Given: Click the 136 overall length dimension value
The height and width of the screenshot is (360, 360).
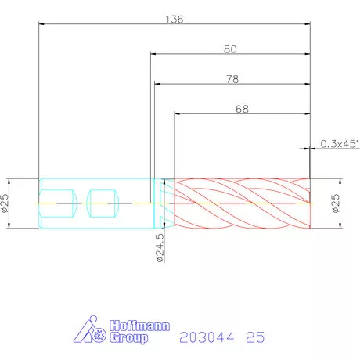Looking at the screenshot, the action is [175, 19].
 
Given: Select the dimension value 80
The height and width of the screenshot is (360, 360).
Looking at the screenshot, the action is [230, 49].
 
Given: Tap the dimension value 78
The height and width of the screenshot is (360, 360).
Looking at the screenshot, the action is [232, 79].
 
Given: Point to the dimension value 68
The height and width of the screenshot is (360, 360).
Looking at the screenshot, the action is [242, 109].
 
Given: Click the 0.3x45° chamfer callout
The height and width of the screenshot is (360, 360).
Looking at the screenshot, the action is [340, 144].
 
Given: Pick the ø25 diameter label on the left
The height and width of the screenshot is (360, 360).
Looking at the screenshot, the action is [5, 203].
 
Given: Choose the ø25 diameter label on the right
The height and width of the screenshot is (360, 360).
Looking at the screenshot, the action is [336, 203].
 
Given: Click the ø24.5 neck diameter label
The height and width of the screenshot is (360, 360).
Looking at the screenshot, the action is [160, 247].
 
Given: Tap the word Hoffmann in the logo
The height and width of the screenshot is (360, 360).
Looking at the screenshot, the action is [139, 326].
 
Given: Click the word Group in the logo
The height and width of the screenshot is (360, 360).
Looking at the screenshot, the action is [128, 338].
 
